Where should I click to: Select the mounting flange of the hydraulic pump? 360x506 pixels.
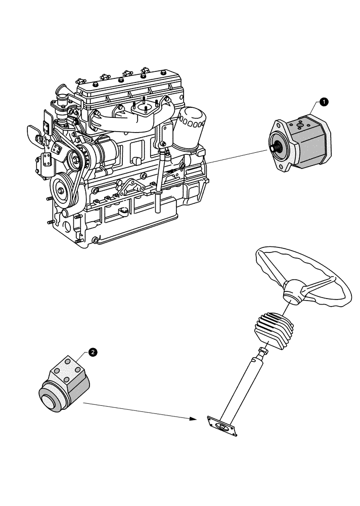(x=281, y=147)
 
